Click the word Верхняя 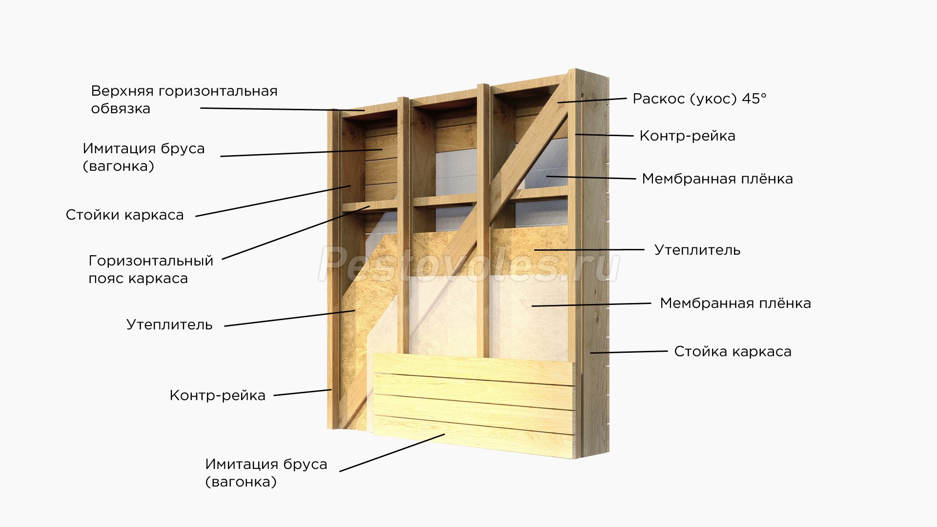click(x=122, y=91)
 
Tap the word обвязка click(x=121, y=109)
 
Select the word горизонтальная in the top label click(x=218, y=91)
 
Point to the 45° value click(x=754, y=99)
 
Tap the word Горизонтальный click(x=151, y=261)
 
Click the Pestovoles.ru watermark click(x=468, y=264)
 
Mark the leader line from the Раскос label click(x=592, y=100)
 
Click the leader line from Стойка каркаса click(x=629, y=351)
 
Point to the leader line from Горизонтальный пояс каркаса click(x=296, y=233)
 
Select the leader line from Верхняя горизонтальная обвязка click(x=282, y=109)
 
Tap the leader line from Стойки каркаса click(x=273, y=201)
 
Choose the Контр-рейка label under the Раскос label click(x=687, y=136)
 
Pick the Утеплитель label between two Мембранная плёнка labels click(x=697, y=250)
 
